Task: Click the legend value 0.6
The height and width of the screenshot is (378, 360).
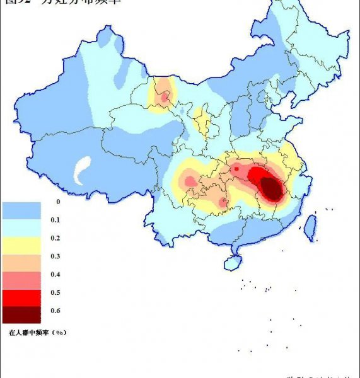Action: click(55, 311)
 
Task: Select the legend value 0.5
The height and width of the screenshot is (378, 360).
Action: click(55, 292)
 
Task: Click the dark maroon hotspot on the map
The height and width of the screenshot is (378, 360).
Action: click(271, 188)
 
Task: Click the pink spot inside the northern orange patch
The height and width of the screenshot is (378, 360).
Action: click(165, 97)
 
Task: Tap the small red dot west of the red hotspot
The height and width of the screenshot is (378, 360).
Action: click(236, 169)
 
